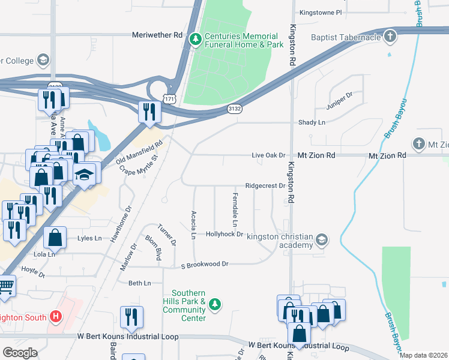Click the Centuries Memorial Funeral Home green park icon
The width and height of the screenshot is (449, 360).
coord(195,40)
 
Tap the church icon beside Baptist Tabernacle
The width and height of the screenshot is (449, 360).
coord(390,37)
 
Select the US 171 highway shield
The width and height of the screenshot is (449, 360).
coord(170,97)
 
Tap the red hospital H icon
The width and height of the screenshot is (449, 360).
coord(55,316)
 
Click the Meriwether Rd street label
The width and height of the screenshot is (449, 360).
coord(157,35)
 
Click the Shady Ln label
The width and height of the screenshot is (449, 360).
coord(312,122)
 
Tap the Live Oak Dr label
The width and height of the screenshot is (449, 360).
coord(268,155)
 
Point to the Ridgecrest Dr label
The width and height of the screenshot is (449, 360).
coord(265,186)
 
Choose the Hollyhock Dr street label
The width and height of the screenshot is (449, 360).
coord(224,235)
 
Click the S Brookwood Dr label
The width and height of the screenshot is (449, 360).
coord(205,264)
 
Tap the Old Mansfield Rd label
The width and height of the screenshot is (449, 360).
coord(139,152)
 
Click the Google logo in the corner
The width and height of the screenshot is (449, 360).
coord(20,353)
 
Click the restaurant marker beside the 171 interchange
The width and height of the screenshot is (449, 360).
coord(148,111)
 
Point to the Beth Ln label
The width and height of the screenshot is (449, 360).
coord(139,283)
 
